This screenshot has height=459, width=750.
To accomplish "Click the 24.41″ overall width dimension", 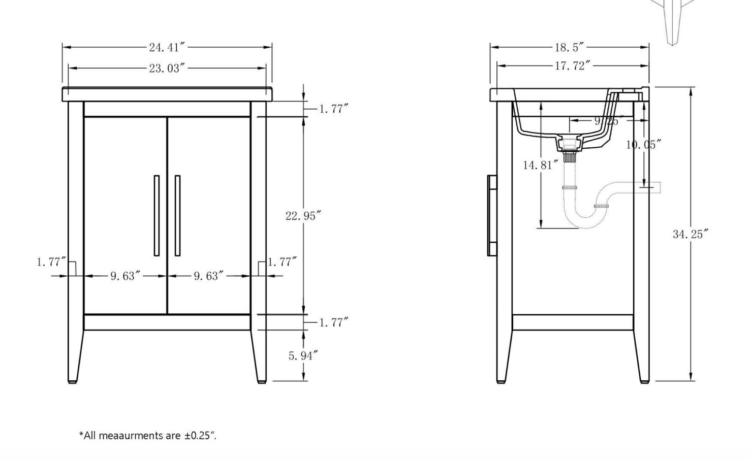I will [x=166, y=48].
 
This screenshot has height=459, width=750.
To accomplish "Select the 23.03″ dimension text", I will [x=166, y=68].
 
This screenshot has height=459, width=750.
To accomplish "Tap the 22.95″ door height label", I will [x=303, y=216].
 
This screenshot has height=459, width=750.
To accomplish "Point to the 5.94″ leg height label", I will [x=303, y=356].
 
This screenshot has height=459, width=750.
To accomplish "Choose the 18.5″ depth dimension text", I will [x=569, y=48].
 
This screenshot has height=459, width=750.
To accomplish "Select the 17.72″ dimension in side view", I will [x=572, y=66].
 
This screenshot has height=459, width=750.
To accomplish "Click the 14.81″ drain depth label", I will [x=541, y=165].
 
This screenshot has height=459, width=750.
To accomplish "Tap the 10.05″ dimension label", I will [x=643, y=145].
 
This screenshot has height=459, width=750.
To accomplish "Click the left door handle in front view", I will [x=157, y=215].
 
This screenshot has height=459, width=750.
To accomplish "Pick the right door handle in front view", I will [x=177, y=215].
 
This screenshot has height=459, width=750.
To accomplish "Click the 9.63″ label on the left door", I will [x=125, y=276].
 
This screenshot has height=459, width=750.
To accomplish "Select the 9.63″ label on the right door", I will [x=208, y=276].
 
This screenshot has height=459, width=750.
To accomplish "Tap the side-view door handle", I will [x=491, y=215].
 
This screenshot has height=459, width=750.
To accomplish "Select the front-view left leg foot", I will [x=72, y=378].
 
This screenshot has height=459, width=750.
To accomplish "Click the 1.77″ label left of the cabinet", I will [x=51, y=262].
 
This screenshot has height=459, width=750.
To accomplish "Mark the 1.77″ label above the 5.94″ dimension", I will [x=333, y=322].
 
